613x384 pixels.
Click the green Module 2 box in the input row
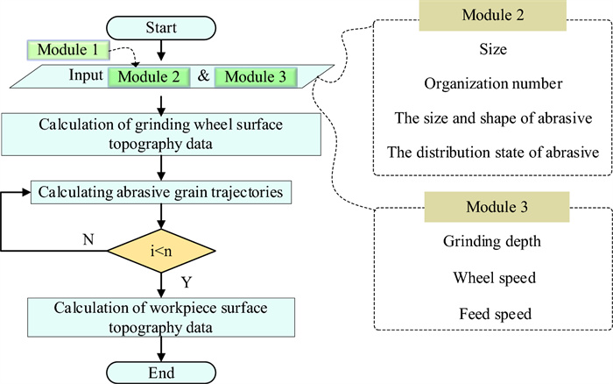pos(145,76)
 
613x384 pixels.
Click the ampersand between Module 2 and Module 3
pos(202,76)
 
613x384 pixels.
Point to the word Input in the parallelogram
pos(87,76)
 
